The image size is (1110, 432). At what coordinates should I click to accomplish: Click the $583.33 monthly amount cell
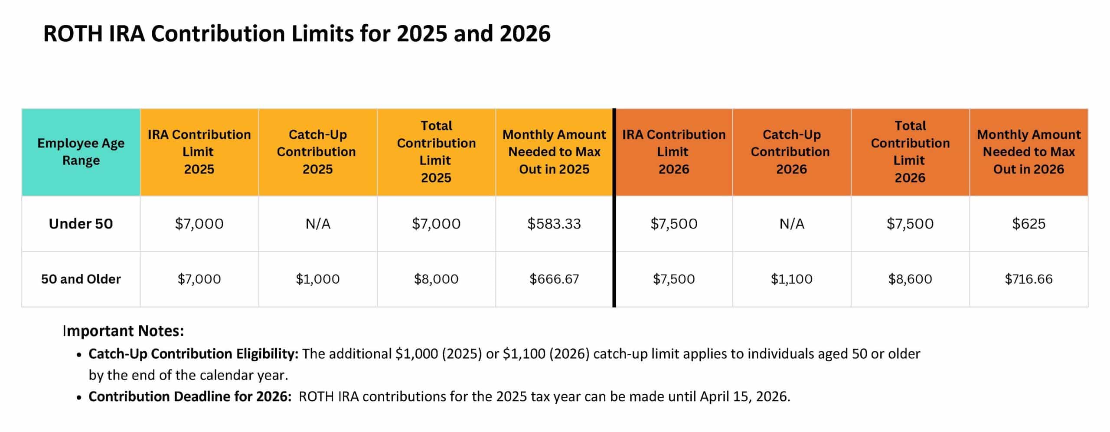coord(554,224)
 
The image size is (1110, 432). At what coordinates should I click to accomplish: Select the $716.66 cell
coord(1028,279)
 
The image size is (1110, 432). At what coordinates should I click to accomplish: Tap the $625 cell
coord(1028,224)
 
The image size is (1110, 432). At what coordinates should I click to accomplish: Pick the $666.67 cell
coord(554,279)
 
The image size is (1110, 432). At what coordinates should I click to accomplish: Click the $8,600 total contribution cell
coord(910,279)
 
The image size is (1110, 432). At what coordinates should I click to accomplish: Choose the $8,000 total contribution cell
coord(436,279)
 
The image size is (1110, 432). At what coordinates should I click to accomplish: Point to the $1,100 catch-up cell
coord(791,279)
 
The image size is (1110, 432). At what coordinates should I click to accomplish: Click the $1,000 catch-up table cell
coord(317,279)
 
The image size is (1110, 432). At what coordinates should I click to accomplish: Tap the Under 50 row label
coord(81,224)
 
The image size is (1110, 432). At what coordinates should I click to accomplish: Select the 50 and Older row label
coord(81,279)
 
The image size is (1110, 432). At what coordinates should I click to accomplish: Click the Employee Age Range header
coord(81,152)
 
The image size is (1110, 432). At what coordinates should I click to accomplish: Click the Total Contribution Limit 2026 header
coord(910,152)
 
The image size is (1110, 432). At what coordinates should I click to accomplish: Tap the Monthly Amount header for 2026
coord(1028,152)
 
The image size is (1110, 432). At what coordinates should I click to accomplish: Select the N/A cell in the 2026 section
coord(791,224)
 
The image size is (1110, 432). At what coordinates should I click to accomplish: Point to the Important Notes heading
coord(124,331)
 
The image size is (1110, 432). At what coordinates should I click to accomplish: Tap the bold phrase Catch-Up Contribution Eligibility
coord(193,354)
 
